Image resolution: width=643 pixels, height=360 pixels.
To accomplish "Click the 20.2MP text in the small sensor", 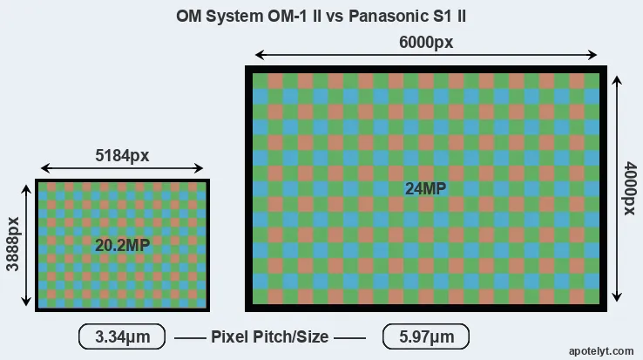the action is (x=122, y=246).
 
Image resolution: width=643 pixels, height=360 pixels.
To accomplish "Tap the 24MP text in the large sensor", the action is (x=426, y=189).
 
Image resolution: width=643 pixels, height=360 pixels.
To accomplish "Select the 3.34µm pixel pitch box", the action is (x=122, y=336).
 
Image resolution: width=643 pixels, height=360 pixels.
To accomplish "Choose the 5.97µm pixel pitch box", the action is (x=426, y=336).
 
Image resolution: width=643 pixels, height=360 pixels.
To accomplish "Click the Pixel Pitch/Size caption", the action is (x=270, y=336).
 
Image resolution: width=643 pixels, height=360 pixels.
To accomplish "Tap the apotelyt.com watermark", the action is (x=601, y=351).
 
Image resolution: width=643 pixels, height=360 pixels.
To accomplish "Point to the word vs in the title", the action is (x=335, y=17).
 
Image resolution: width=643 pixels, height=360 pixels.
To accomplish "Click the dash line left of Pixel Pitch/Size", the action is (x=190, y=338).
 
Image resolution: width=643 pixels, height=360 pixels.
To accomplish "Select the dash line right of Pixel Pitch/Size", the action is (x=349, y=338).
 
